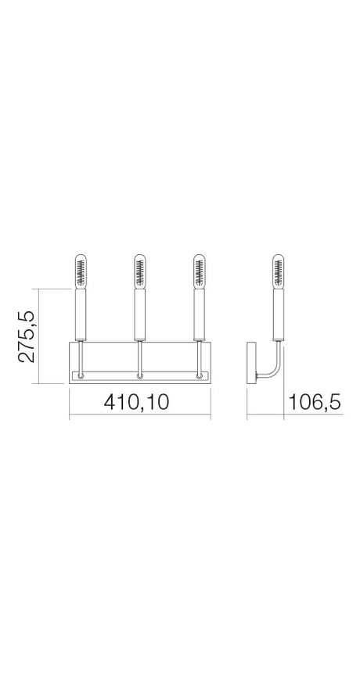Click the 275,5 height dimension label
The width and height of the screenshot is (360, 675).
coord(27,336)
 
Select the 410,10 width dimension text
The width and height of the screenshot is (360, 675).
coord(136,402)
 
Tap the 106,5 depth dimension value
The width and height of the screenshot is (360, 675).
coord(315,403)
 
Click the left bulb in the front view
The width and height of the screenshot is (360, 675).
coord(81,271)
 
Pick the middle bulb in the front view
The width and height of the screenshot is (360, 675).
coord(139,271)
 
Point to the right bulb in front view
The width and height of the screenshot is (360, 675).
coord(199,271)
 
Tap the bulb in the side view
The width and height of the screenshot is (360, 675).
coord(278,271)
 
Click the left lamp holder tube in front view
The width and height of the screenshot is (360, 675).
coord(81,315)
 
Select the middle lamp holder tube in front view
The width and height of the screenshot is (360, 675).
coord(139,315)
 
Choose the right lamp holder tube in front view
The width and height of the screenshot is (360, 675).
coord(199,315)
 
